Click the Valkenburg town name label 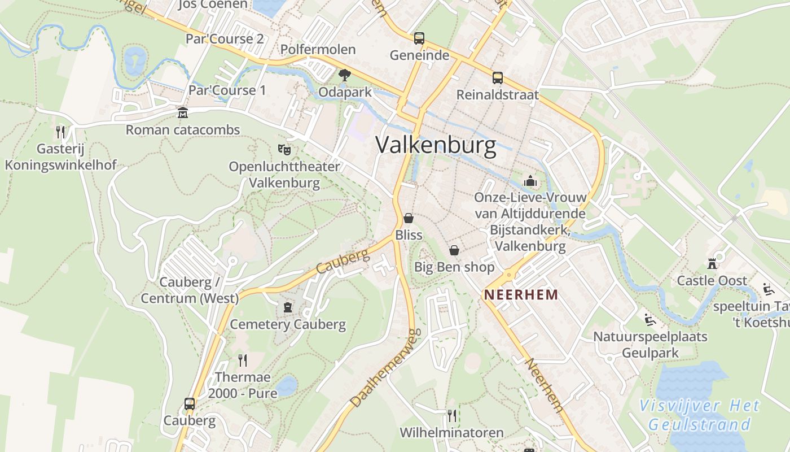[436, 145]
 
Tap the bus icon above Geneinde [419, 38]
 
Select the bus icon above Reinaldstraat [497, 78]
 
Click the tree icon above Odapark [344, 75]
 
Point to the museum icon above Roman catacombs [182, 113]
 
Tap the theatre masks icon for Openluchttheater [284, 150]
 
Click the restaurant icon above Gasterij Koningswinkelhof [60, 132]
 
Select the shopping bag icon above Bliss [409, 218]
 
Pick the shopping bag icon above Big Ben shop [454, 250]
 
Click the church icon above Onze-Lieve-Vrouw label [530, 181]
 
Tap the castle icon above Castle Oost [712, 264]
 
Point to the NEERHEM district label [521, 294]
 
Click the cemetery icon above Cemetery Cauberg [288, 307]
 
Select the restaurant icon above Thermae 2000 [243, 360]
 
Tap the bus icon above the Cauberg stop [190, 404]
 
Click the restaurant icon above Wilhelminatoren [451, 416]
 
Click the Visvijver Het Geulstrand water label [700, 415]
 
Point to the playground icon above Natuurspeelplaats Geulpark [649, 320]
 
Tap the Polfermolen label [318, 50]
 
